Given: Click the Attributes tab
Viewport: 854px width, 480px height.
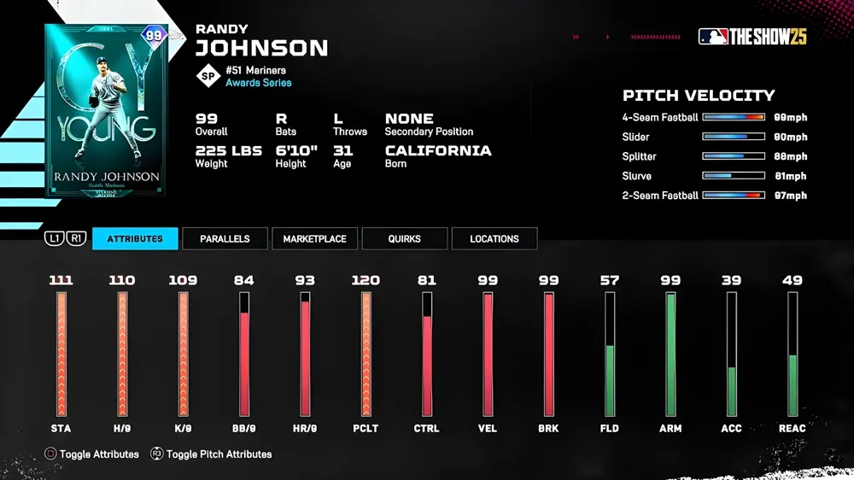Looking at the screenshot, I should point(135,239).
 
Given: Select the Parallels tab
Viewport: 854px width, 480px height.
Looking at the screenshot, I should point(225,239).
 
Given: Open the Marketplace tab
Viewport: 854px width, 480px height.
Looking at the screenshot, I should point(314,239).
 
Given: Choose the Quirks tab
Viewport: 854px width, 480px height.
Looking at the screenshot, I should point(404,239).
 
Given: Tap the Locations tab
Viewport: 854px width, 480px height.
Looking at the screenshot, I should point(494,239).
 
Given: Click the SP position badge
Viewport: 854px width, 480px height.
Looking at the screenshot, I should point(208,76).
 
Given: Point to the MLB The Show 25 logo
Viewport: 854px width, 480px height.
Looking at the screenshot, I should point(752,37).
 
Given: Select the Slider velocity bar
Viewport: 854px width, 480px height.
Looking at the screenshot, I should point(733,137).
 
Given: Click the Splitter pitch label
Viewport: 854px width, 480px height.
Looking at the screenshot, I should point(640,156).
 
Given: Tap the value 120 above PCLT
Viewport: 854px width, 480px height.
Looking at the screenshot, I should point(366,280).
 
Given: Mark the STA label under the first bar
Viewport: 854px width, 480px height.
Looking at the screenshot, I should point(61,428).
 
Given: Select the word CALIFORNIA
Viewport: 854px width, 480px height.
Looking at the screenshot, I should point(438,150).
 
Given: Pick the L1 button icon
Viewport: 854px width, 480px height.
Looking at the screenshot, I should point(54,239).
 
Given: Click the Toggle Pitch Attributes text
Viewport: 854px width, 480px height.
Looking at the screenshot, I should point(219,454).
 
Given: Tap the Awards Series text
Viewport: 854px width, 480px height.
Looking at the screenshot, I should point(258,83).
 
